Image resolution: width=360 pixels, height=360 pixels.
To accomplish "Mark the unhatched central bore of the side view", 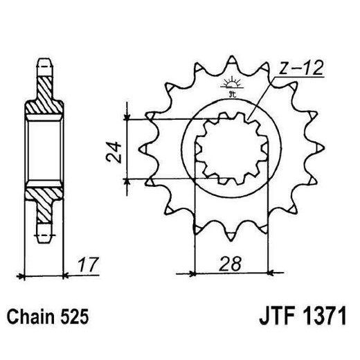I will [x=44, y=149].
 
